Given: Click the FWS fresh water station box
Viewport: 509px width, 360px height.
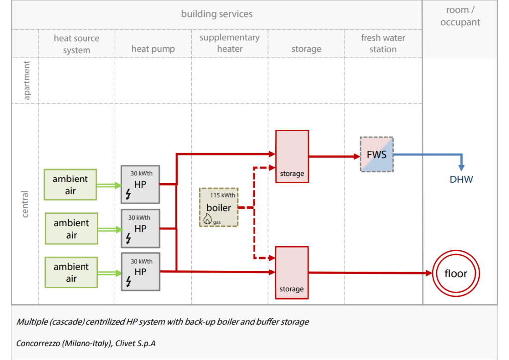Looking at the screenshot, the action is pos(377,154).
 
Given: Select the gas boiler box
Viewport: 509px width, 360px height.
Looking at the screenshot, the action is pos(219,207).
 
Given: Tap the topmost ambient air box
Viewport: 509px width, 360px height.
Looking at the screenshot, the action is pos(70,184).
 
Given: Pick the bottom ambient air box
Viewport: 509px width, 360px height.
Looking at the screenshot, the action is pos(71,272).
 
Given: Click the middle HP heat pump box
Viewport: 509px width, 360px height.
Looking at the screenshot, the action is pos(140,228).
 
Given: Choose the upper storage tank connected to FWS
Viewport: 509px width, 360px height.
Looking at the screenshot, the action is pos(292,157).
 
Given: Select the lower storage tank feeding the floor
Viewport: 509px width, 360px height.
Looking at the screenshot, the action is pos(292,272).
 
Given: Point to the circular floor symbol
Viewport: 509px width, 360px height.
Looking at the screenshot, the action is pos(456,273).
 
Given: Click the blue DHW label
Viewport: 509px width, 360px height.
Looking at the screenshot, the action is pos(461,180).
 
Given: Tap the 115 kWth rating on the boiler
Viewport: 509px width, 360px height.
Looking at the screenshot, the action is pos(222,195).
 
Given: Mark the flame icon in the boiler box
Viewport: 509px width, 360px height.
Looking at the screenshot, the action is pos(207,219).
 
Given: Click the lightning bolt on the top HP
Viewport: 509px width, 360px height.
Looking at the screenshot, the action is pos(128,194).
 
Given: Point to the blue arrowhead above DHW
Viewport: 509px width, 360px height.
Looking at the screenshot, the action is pos(461,168).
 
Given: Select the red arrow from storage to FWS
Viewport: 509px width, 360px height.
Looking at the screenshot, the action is pos(335,157).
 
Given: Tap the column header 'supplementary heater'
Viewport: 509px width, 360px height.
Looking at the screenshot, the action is pos(230,43).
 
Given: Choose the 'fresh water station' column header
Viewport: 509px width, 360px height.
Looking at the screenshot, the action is pos(383,43).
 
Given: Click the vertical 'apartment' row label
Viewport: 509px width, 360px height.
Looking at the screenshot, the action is pos(27,81).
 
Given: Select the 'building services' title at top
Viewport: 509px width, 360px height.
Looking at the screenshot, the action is pos(217,14).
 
